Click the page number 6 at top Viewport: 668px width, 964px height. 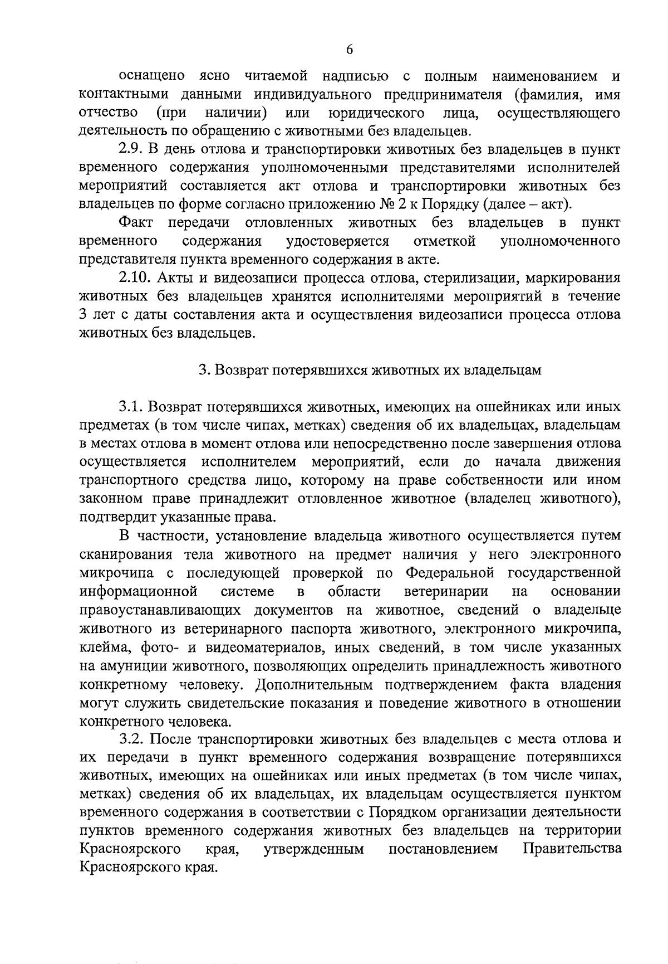350,50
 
